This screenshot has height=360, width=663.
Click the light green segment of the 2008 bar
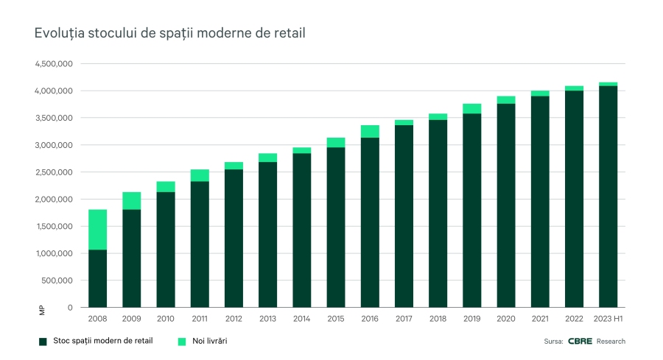97,230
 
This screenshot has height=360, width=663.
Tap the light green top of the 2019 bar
471,108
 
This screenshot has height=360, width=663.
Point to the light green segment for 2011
200,175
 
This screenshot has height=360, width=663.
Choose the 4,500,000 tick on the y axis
53,64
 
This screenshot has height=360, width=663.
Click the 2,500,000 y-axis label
53,172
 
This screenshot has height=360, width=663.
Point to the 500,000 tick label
57,280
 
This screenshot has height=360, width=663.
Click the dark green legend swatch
43,342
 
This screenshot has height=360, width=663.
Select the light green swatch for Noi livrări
182,342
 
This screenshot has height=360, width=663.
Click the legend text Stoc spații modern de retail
102,342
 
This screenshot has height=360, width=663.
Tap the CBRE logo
580,342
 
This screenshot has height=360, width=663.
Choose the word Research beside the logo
611,342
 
